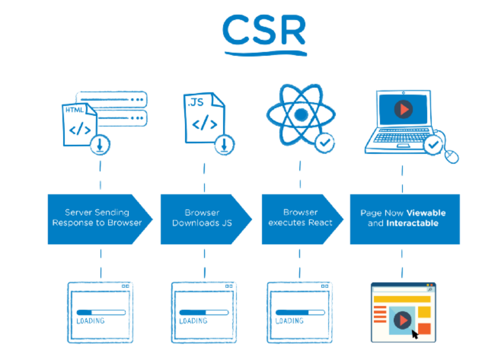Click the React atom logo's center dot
point(301,115)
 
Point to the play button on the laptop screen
point(404,109)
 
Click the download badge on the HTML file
point(100,145)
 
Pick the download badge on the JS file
point(224,145)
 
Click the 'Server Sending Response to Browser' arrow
point(100,219)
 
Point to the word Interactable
point(412,224)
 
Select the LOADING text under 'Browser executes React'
point(289,321)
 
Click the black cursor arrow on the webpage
point(415,334)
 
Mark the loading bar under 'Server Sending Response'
point(101,312)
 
